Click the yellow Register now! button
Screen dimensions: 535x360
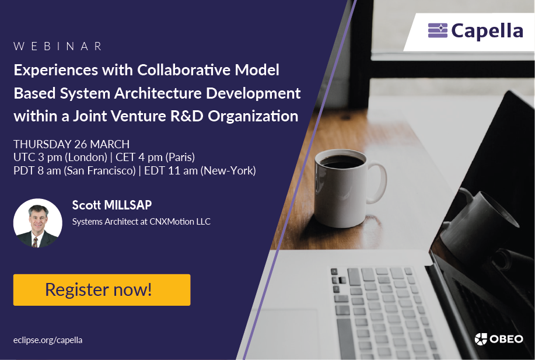point(102,290)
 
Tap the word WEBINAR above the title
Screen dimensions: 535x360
point(58,47)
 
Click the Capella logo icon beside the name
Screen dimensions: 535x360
point(438,30)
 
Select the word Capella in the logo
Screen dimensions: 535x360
point(487,32)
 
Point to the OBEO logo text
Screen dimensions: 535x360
point(506,339)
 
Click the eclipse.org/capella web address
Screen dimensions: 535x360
point(48,340)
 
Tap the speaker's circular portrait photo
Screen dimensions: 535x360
point(37,223)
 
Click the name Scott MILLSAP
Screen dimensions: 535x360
point(112,205)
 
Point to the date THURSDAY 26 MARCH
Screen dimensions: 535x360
point(71,144)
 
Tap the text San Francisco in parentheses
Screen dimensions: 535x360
point(100,170)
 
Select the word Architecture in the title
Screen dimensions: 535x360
point(158,93)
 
